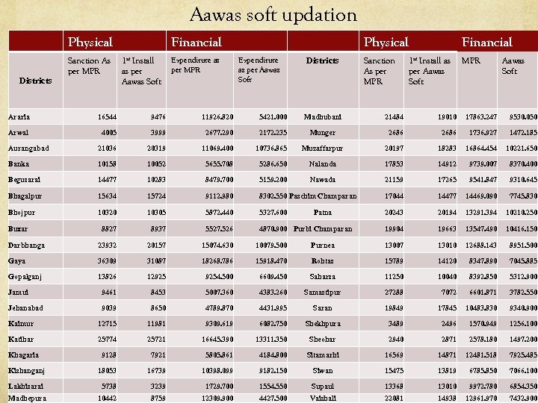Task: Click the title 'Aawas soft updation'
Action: [x=273, y=14]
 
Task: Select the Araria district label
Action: [x=19, y=117]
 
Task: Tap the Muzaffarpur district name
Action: [x=322, y=149]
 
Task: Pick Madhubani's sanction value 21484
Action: [x=393, y=117]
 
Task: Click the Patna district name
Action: [x=322, y=213]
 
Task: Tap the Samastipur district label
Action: [x=322, y=292]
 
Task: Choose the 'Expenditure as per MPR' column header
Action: [x=195, y=65]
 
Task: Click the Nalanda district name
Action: [x=322, y=164]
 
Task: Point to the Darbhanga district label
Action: [x=26, y=245]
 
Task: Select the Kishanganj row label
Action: [x=27, y=371]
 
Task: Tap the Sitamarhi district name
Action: [x=322, y=355]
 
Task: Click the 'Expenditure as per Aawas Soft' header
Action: [x=259, y=69]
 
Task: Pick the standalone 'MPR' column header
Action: [x=471, y=60]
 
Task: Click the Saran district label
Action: [x=322, y=307]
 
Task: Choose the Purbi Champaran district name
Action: [x=322, y=228]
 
